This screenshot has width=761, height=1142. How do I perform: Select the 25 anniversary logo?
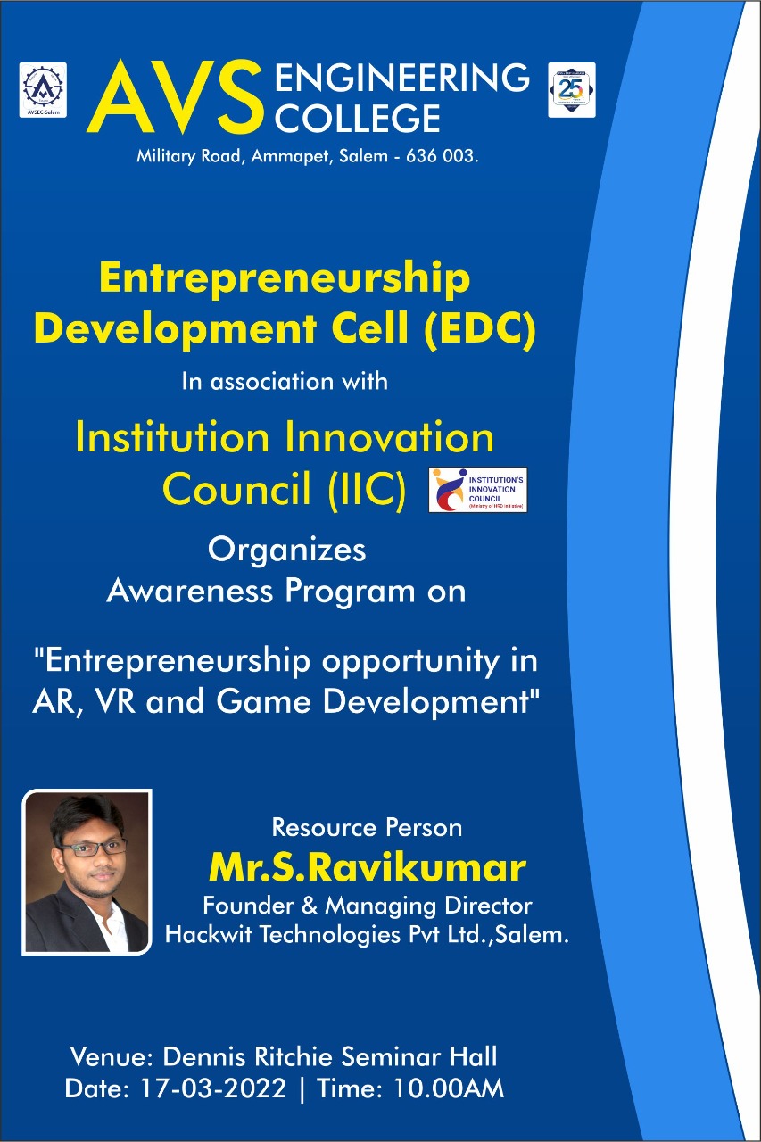pyautogui.click(x=571, y=90)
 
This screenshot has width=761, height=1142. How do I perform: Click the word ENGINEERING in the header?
pyautogui.click(x=401, y=79)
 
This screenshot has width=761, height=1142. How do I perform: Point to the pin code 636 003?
pyautogui.click(x=443, y=156)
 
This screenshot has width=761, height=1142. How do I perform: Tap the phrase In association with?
pyautogui.click(x=285, y=381)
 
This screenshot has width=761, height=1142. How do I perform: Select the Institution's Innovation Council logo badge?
pyautogui.click(x=477, y=490)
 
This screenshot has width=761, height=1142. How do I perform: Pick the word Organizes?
pyautogui.click(x=286, y=550)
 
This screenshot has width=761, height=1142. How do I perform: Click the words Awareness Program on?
pyautogui.click(x=286, y=591)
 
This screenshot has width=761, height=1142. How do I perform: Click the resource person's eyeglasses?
pyautogui.click(x=83, y=847)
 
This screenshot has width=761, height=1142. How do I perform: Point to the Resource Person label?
pyautogui.click(x=367, y=827)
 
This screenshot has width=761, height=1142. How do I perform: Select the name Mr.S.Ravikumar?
pyautogui.click(x=367, y=866)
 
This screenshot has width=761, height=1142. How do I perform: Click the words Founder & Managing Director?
pyautogui.click(x=367, y=906)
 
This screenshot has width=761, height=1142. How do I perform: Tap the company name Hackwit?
pyautogui.click(x=210, y=935)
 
